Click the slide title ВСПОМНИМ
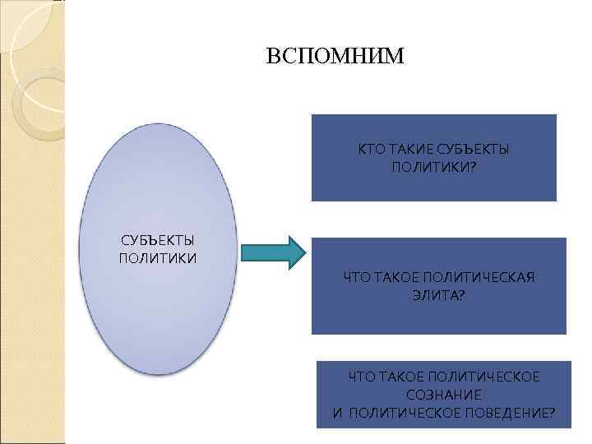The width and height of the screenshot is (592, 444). (335, 57)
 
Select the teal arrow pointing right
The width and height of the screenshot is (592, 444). (275, 252)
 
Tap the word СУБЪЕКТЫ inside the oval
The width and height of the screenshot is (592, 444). (157, 240)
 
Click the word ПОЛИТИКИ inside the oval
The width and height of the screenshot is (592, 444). (157, 258)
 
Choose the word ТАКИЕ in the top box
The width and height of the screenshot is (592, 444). (405, 150)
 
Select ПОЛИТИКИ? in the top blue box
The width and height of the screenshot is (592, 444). (434, 167)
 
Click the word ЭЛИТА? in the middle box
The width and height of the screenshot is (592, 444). (438, 294)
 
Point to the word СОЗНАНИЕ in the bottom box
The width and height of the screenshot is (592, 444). (443, 395)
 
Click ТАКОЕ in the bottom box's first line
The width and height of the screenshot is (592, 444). (397, 377)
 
